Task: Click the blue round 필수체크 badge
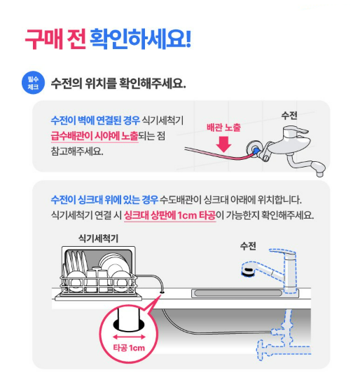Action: (x=34, y=83)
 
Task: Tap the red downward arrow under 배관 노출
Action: (x=223, y=144)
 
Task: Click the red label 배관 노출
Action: (x=223, y=128)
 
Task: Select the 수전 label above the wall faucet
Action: (x=289, y=115)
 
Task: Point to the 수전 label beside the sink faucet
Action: (x=248, y=246)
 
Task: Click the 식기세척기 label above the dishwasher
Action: (x=98, y=238)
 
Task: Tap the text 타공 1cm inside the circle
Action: (x=129, y=348)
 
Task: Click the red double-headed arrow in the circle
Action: (x=129, y=337)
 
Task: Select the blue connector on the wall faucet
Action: (x=256, y=151)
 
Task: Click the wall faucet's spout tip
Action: (x=320, y=175)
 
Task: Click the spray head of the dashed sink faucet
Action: (x=248, y=269)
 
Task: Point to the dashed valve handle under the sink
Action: (x=259, y=350)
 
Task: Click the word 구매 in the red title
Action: (x=44, y=39)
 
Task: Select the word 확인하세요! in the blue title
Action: (x=140, y=39)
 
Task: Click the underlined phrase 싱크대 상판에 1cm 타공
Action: (x=169, y=215)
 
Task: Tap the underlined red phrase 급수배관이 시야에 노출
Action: (x=95, y=136)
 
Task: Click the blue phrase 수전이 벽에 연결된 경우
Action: (x=95, y=120)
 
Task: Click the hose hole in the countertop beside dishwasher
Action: (x=162, y=292)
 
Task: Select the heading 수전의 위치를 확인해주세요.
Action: (x=118, y=83)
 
